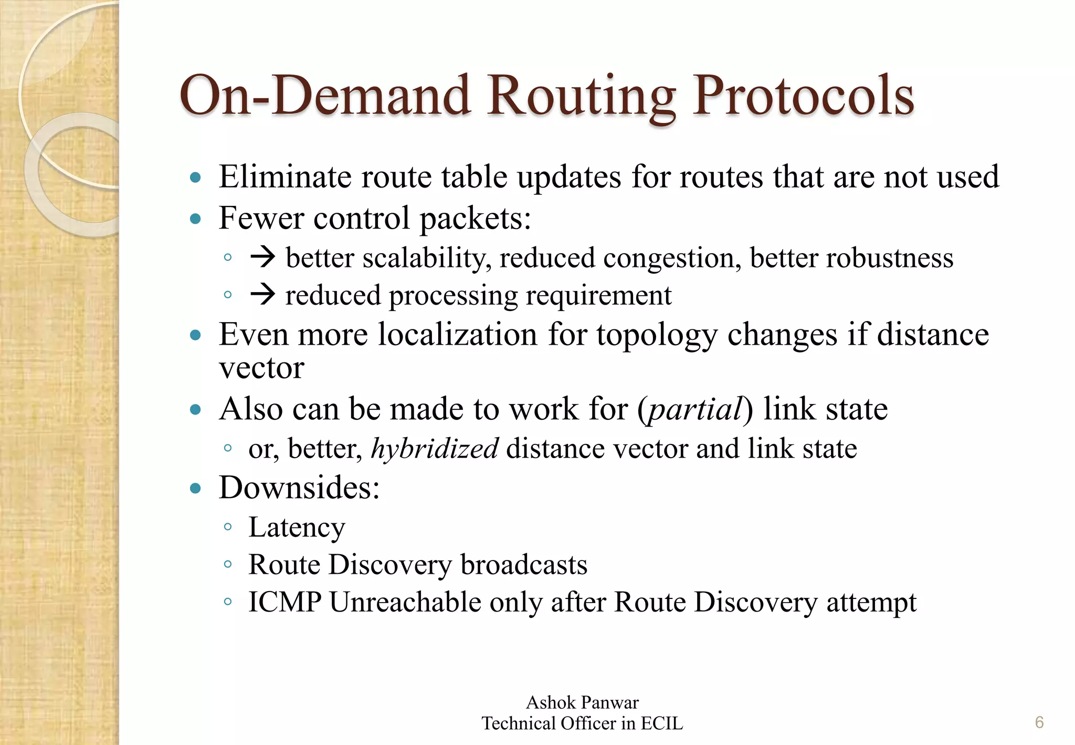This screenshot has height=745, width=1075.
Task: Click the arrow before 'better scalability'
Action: (262, 257)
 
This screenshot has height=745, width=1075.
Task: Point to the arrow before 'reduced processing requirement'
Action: (262, 294)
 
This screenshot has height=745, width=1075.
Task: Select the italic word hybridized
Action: (434, 449)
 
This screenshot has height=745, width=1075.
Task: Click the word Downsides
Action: (299, 488)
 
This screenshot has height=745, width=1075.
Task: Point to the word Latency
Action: (297, 527)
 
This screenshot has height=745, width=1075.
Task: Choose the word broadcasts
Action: (524, 565)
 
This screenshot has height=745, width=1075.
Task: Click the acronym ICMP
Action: (284, 602)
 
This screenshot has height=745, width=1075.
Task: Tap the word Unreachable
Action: (405, 602)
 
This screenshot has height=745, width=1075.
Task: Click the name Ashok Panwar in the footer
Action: (582, 702)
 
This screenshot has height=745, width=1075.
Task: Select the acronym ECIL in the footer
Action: (661, 723)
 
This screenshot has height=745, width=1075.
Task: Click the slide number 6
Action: (1039, 722)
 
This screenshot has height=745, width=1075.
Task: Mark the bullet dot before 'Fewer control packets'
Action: (196, 219)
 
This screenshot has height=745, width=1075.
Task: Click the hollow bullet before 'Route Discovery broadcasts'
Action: (227, 565)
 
